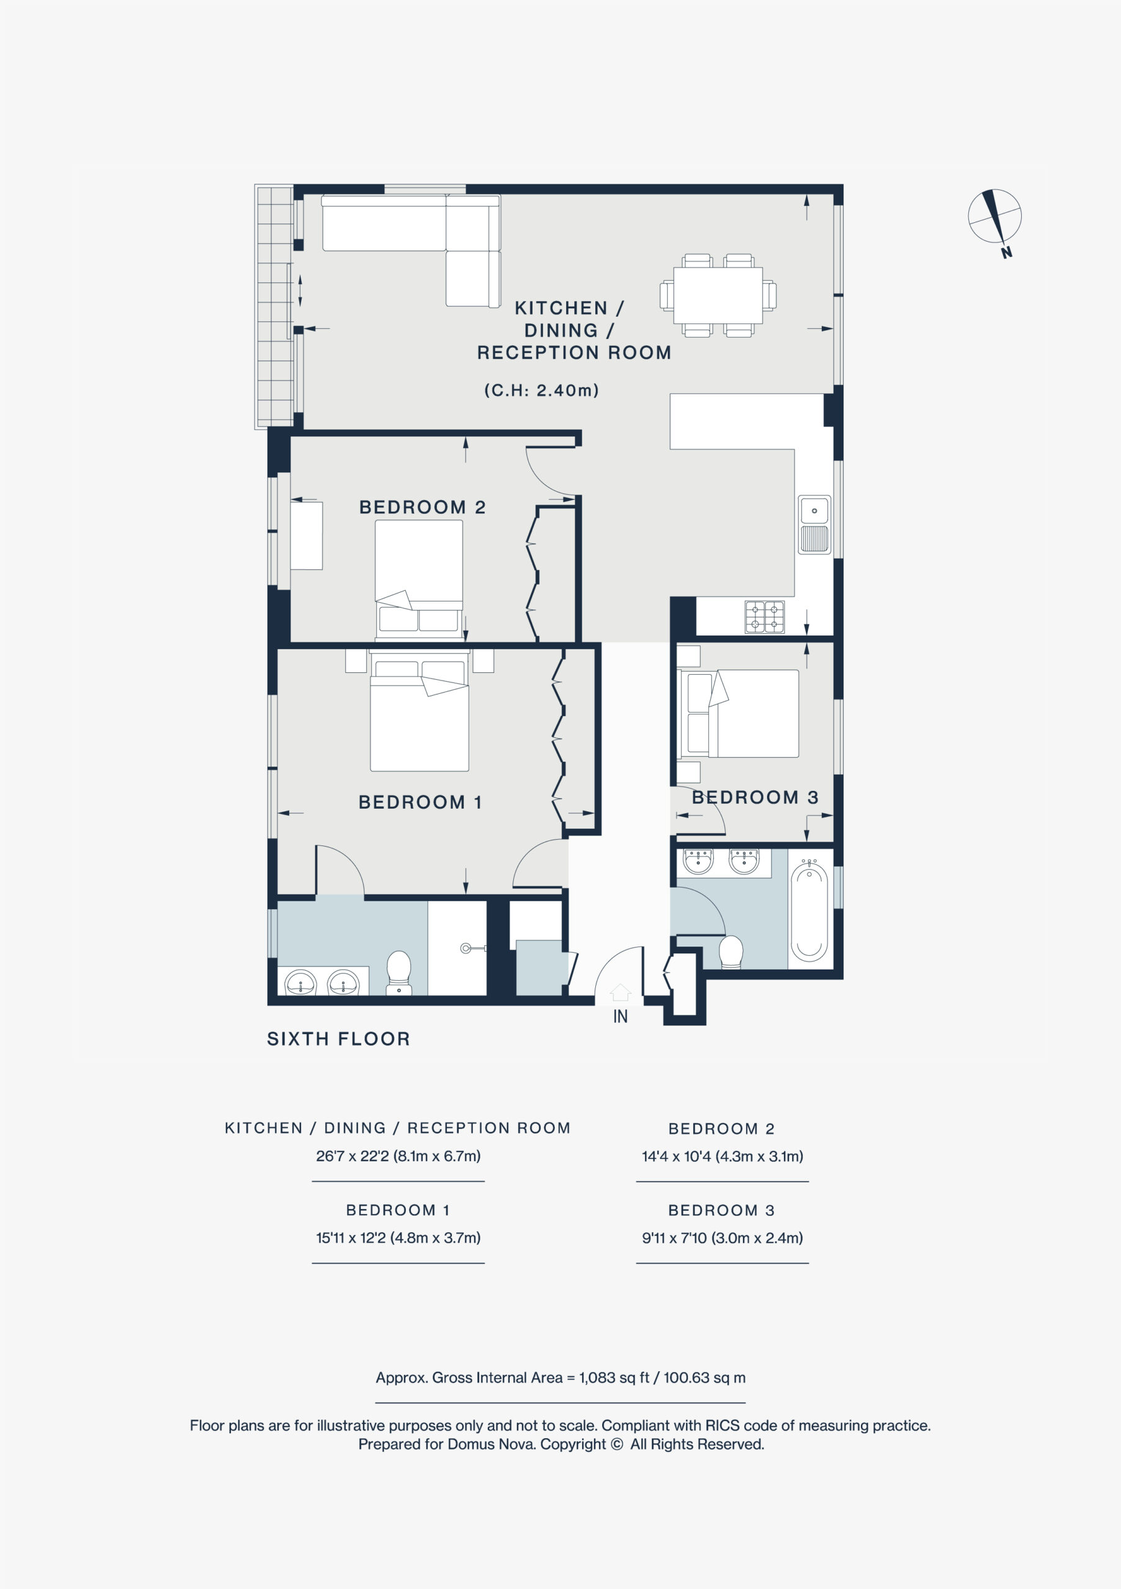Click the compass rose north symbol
click(994, 216)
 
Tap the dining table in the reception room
click(718, 295)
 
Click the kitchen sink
click(814, 524)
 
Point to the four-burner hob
click(764, 616)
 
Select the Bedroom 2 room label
click(422, 507)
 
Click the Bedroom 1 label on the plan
click(420, 802)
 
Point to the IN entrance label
click(620, 1017)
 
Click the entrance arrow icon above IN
click(620, 993)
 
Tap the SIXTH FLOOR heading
click(338, 1039)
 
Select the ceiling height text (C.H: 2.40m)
click(541, 390)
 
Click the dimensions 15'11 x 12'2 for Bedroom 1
click(398, 1238)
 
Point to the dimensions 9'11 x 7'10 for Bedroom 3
click(723, 1238)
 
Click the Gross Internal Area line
click(560, 1378)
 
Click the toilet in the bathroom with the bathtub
click(731, 952)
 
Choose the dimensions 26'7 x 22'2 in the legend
click(398, 1156)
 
